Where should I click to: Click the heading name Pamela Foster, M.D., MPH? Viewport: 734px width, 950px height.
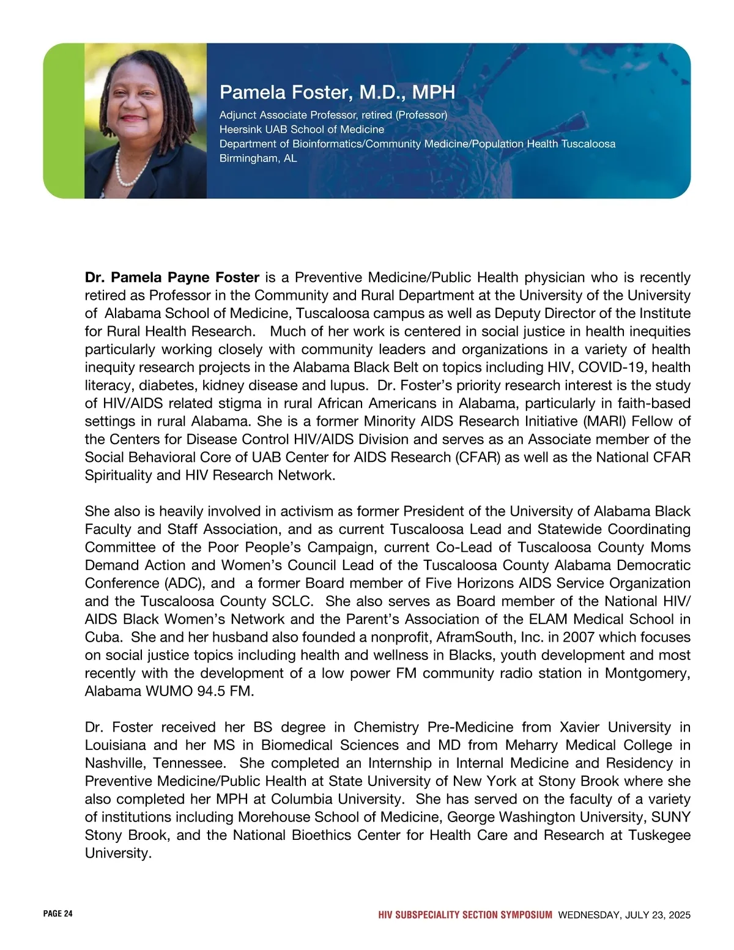(x=337, y=92)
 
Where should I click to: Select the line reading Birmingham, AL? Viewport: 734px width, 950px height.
(x=258, y=158)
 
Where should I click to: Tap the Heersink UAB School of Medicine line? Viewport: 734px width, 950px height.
(x=302, y=130)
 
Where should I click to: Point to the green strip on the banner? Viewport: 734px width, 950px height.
(x=64, y=121)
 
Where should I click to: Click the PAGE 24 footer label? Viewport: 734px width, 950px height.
(x=57, y=914)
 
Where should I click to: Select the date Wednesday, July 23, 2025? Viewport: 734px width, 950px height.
(x=624, y=915)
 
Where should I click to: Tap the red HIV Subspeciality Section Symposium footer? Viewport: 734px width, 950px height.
(x=465, y=915)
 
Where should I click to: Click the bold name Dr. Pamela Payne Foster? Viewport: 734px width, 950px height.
(x=172, y=278)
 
